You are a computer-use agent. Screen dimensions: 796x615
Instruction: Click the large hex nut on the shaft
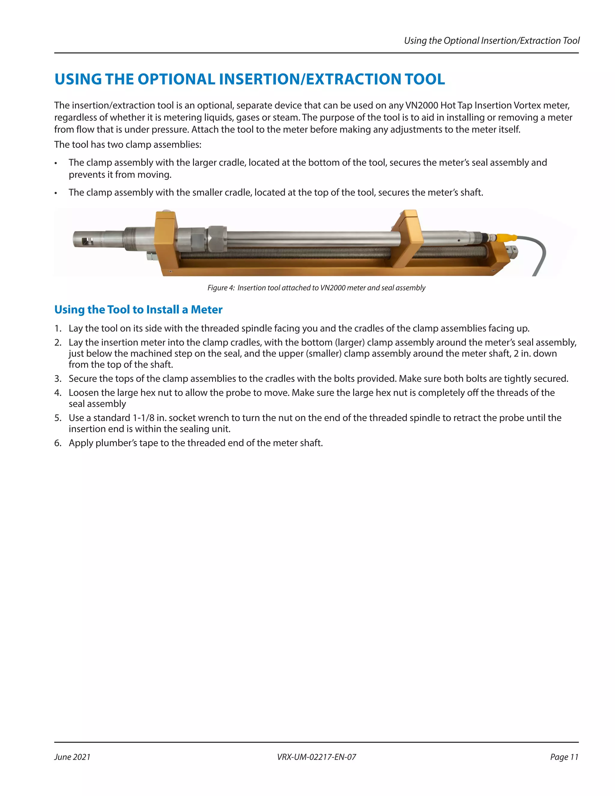[217, 239]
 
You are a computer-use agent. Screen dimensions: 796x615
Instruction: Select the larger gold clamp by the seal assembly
[166, 242]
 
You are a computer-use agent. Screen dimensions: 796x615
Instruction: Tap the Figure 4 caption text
[316, 287]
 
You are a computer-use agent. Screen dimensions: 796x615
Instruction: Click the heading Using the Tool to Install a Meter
[138, 309]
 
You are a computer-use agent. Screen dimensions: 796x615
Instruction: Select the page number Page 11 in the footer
[564, 757]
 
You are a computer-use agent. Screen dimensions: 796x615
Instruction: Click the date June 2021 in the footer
[72, 757]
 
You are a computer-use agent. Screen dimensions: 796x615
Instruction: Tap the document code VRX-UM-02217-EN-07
[316, 757]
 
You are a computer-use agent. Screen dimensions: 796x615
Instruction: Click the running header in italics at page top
[492, 41]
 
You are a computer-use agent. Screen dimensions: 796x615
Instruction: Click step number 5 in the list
[58, 418]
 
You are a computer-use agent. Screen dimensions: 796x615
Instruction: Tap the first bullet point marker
[56, 163]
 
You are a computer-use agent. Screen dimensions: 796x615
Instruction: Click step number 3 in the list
[58, 379]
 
